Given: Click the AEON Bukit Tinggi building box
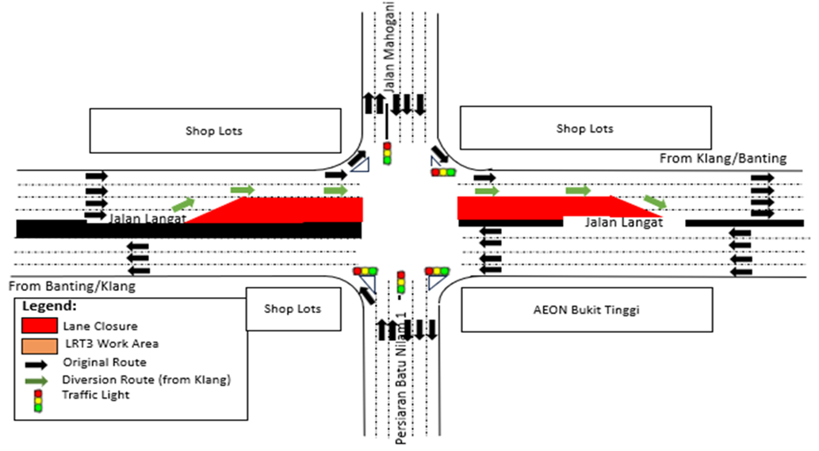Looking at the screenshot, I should [x=586, y=309].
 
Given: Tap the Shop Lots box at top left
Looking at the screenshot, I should [x=213, y=131].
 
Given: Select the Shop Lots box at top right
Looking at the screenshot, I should [x=584, y=128].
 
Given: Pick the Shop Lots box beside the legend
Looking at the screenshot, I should [x=293, y=309].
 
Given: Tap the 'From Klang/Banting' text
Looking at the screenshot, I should [x=723, y=159].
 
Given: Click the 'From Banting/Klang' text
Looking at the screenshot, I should [x=72, y=285].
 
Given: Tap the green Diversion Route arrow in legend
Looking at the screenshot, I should [x=36, y=380].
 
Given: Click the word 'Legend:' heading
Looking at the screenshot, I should [x=49, y=306].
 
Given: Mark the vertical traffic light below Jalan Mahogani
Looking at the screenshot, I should [x=387, y=153].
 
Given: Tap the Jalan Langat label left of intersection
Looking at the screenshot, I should [x=147, y=217].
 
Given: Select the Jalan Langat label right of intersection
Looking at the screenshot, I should [x=623, y=223].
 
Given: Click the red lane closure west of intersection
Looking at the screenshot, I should [x=301, y=210].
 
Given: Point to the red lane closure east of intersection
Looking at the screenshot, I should [x=523, y=207].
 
